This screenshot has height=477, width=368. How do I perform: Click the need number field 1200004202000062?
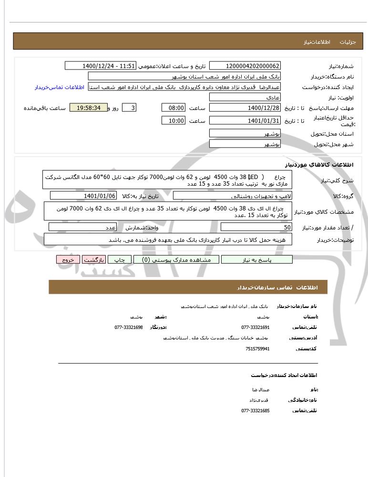click(x=245, y=66)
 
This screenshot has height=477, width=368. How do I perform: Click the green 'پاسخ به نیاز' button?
click(x=257, y=260)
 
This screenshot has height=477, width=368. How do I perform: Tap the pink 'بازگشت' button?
click(x=94, y=260)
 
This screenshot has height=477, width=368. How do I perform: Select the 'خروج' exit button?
click(x=68, y=260)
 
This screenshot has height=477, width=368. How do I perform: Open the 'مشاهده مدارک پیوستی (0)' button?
click(x=176, y=260)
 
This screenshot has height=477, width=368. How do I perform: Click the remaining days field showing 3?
click(x=129, y=108)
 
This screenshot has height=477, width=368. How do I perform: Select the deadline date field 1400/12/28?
click(x=245, y=108)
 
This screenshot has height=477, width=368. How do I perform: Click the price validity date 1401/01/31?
click(x=245, y=121)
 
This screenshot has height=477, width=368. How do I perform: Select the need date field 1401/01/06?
click(x=83, y=196)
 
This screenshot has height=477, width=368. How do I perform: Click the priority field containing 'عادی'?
click(x=245, y=98)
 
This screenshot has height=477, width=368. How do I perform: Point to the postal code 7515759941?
click(x=257, y=348)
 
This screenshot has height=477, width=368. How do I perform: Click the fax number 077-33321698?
click(x=129, y=328)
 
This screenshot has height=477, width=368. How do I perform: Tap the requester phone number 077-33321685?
click(x=256, y=410)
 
